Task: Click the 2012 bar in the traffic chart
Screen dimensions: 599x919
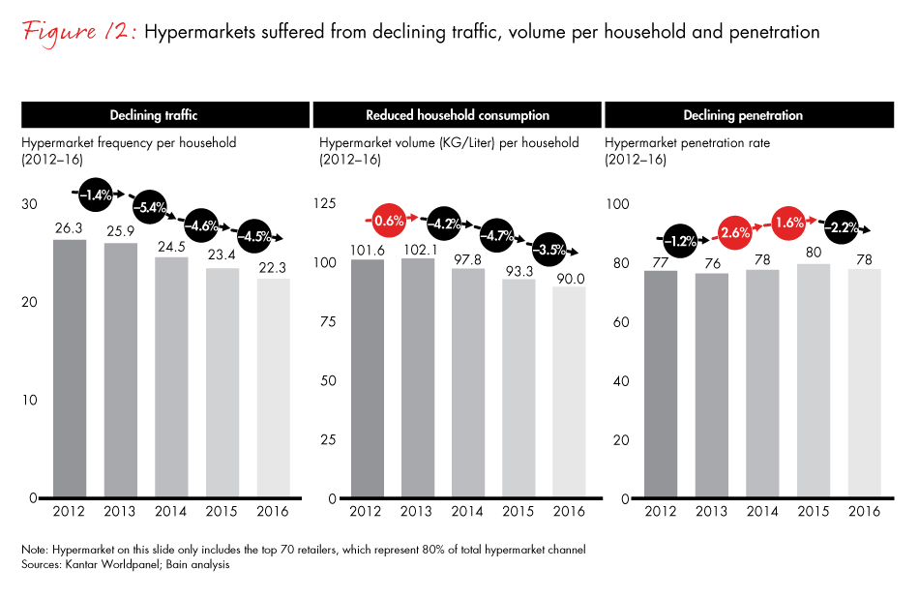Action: pyautogui.click(x=70, y=369)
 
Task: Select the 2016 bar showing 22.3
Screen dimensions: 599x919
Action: pyautogui.click(x=275, y=388)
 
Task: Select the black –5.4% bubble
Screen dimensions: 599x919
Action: pyautogui.click(x=150, y=206)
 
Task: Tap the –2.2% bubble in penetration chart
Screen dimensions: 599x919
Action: pyautogui.click(x=837, y=228)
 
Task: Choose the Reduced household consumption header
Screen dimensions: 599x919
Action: pyautogui.click(x=457, y=115)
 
